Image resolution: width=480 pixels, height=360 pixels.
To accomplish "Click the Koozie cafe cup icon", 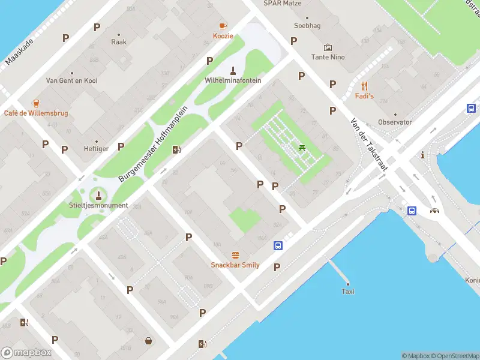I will click(223, 26).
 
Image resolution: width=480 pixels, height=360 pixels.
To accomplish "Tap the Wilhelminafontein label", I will click(233, 80).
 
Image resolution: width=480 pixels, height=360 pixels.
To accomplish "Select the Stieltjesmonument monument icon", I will click(99, 195).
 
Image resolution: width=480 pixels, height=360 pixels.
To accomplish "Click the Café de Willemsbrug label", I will click(36, 113).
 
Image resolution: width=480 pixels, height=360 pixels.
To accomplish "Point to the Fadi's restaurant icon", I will click(364, 86).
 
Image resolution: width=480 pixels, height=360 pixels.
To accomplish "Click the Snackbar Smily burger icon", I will click(235, 255).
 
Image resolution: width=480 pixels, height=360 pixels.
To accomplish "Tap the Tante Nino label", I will click(328, 57).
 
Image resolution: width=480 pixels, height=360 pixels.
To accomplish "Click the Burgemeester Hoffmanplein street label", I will click(154, 143).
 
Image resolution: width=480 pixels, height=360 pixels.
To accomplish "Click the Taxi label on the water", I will click(348, 292).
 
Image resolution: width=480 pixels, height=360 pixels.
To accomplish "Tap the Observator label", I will click(395, 122).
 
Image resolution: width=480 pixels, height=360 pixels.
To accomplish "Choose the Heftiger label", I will click(97, 148).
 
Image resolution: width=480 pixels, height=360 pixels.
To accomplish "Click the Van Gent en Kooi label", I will click(72, 80).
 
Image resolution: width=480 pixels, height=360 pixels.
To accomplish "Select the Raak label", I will click(118, 42).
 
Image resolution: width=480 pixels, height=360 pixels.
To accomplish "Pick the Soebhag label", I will click(307, 26).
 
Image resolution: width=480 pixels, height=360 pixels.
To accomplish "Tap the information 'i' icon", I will click(423, 155).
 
